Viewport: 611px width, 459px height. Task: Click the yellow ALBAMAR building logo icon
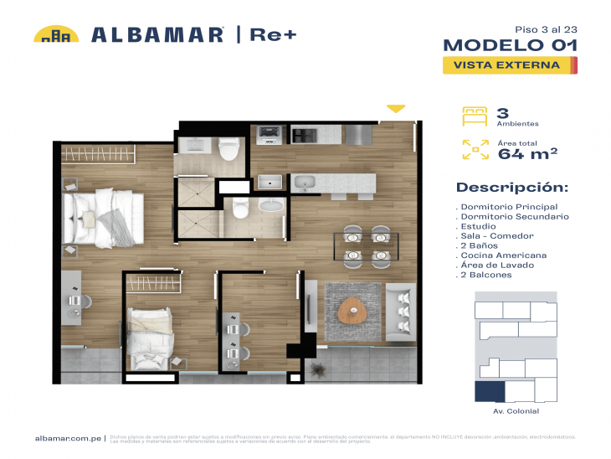56,34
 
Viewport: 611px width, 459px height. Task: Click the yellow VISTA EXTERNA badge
507,64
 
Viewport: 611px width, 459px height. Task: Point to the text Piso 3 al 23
545,28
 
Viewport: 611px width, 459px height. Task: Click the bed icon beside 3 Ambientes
475,116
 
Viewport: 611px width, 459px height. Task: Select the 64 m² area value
527,152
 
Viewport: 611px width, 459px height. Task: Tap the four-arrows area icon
475,150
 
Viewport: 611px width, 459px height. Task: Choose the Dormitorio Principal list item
508,207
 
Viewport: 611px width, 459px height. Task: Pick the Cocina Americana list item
503,255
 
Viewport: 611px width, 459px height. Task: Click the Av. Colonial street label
516,411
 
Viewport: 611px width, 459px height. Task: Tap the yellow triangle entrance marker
396,109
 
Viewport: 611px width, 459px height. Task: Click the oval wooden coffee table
354,310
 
